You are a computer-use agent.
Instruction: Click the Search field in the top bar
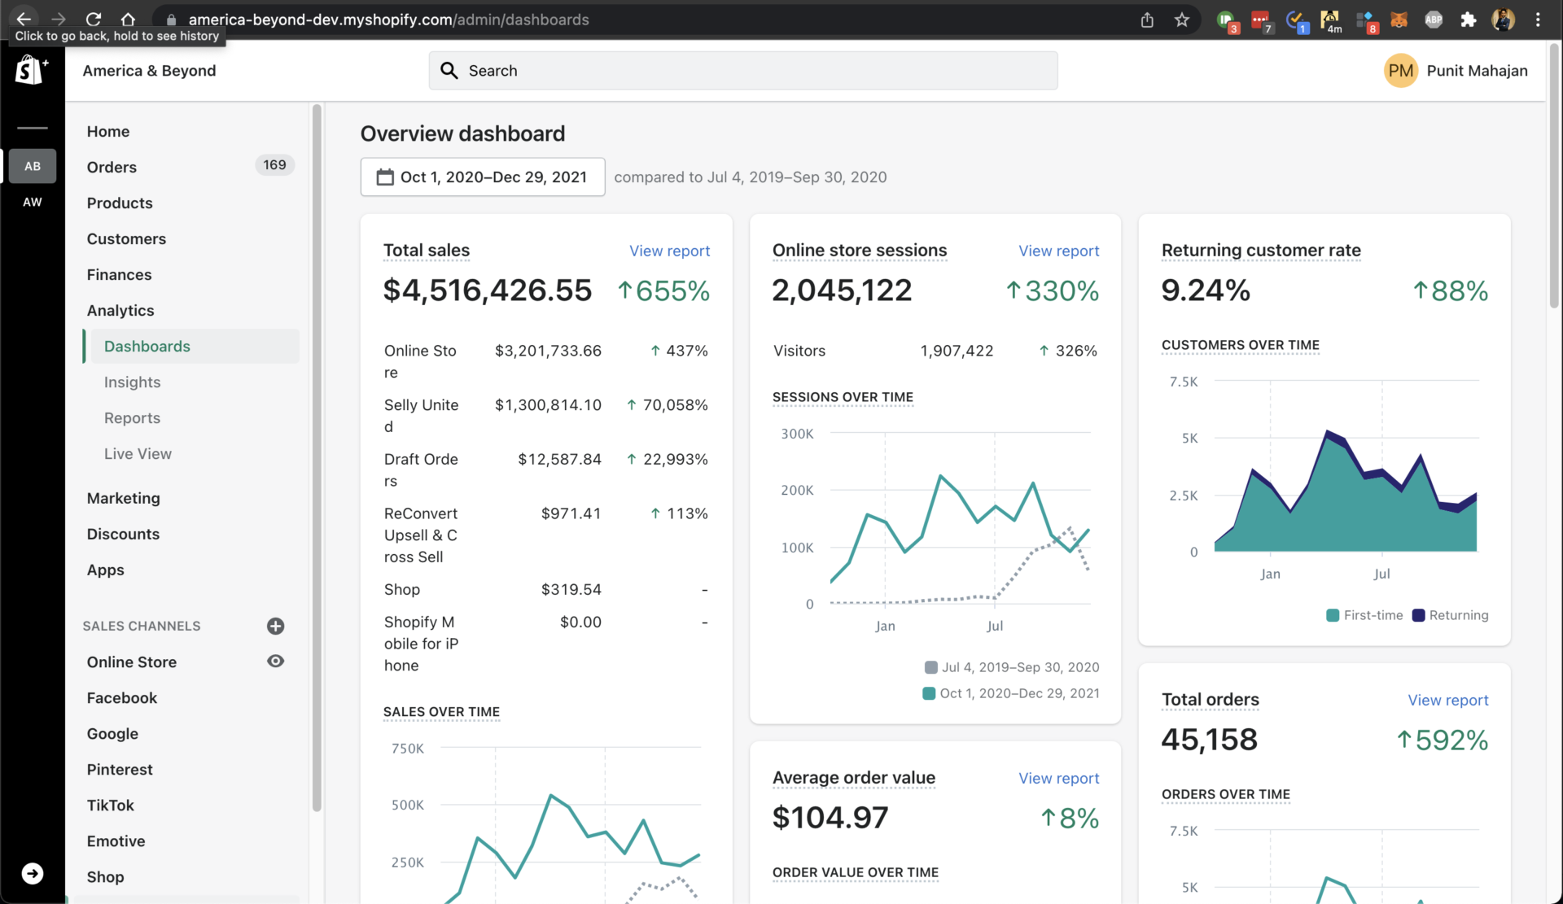(x=742, y=71)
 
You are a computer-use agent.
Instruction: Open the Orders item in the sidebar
(x=112, y=167)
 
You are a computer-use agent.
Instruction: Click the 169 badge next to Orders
(x=274, y=165)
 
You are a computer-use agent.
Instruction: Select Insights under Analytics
(x=132, y=382)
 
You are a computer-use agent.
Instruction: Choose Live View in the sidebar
(x=138, y=453)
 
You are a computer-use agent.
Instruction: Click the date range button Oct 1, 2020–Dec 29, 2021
(x=483, y=177)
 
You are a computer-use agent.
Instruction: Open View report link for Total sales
(x=669, y=251)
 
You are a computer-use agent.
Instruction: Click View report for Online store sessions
(x=1058, y=251)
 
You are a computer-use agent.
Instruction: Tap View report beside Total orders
(x=1447, y=700)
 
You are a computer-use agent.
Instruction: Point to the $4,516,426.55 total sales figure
(x=488, y=290)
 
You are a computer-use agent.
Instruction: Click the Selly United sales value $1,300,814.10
(x=548, y=404)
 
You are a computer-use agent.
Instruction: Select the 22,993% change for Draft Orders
(x=675, y=459)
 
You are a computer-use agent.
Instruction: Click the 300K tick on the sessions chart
(x=797, y=434)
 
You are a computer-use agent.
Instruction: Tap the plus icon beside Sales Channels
(x=275, y=626)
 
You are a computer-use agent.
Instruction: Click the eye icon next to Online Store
(x=275, y=662)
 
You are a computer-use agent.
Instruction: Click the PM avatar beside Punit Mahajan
(x=1400, y=71)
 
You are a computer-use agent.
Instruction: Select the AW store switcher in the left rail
(x=33, y=202)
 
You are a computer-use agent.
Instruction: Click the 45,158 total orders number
(x=1209, y=740)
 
